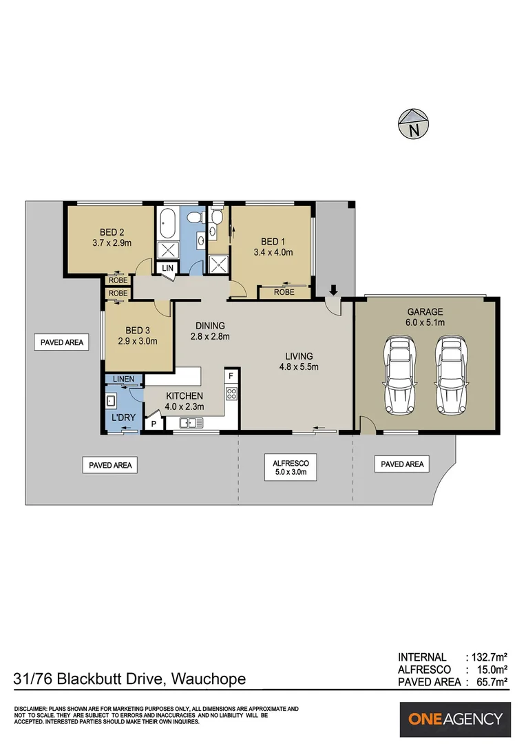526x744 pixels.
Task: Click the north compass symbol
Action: [x=413, y=124]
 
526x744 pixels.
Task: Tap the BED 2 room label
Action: [x=112, y=231]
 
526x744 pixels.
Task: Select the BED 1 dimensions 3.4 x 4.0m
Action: [x=273, y=252]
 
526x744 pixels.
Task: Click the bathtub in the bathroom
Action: [x=168, y=222]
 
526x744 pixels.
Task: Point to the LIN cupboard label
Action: [x=167, y=268]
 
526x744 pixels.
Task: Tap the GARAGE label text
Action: [x=424, y=311]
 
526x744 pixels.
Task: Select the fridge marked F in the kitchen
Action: [x=231, y=375]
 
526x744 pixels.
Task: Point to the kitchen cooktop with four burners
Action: [x=231, y=395]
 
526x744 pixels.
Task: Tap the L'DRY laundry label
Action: [x=120, y=417]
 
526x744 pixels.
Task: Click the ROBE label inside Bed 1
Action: [x=284, y=292]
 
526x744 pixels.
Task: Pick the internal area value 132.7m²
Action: [x=487, y=657]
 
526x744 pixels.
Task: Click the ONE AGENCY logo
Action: [x=456, y=719]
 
